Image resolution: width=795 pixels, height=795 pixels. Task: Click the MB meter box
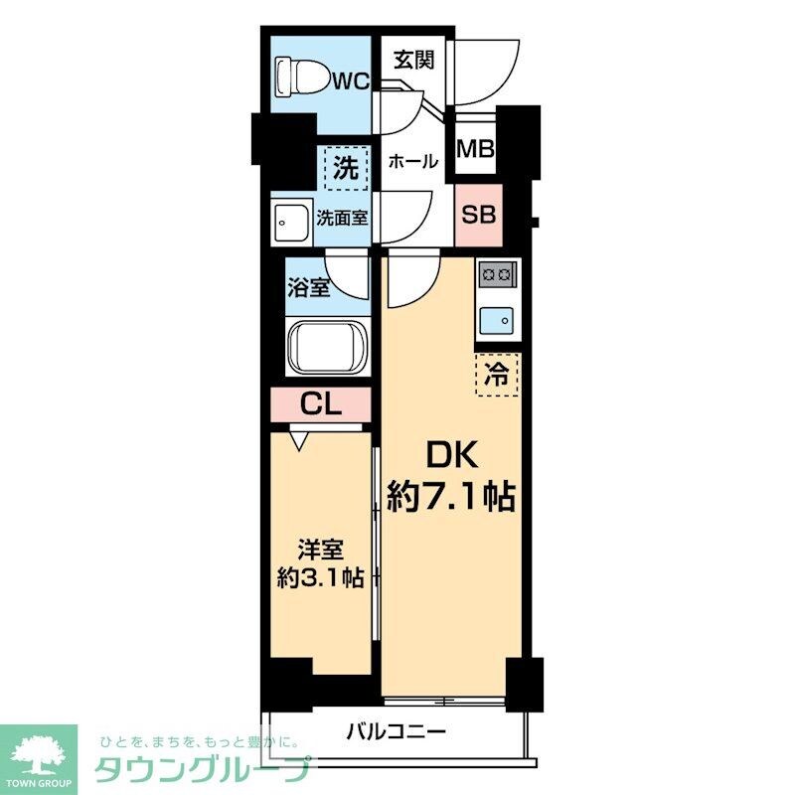coord(475,149)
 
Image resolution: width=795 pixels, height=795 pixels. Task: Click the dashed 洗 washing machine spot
coord(345,169)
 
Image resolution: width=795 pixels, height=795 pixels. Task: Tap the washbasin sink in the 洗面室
coord(292,222)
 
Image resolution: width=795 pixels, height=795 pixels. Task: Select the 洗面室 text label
coord(343,217)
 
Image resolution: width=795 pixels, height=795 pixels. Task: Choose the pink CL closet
coord(321,404)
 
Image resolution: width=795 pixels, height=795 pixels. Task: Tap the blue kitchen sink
coord(497,319)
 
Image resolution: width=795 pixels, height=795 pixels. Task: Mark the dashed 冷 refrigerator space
coord(496,376)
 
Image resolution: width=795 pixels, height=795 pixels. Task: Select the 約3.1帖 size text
coord(320,577)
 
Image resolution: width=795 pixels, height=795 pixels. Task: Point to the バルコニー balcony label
coord(396,733)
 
